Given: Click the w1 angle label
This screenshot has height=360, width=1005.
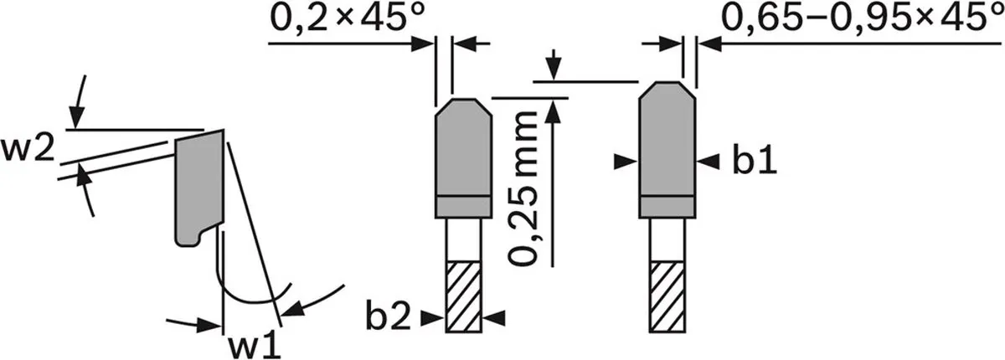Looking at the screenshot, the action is pyautogui.click(x=255, y=346).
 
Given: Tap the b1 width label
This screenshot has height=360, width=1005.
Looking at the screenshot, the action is pyautogui.click(x=755, y=162).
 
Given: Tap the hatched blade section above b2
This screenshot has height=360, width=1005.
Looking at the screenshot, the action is pyautogui.click(x=463, y=297).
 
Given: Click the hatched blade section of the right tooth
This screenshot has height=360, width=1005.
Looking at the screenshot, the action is pyautogui.click(x=667, y=297).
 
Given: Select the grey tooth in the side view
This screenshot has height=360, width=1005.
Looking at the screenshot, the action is pyautogui.click(x=199, y=188).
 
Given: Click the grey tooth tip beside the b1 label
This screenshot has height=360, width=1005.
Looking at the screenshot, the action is pyautogui.click(x=667, y=150).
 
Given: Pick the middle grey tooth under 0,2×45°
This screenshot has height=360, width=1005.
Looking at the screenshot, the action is pyautogui.click(x=463, y=158).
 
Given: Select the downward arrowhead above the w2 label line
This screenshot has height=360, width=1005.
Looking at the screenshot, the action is pyautogui.click(x=76, y=118).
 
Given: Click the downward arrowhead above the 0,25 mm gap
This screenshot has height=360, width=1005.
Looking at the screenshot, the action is pyautogui.click(x=554, y=71).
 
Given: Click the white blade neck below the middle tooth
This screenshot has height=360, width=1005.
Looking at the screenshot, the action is pyautogui.click(x=463, y=240).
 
